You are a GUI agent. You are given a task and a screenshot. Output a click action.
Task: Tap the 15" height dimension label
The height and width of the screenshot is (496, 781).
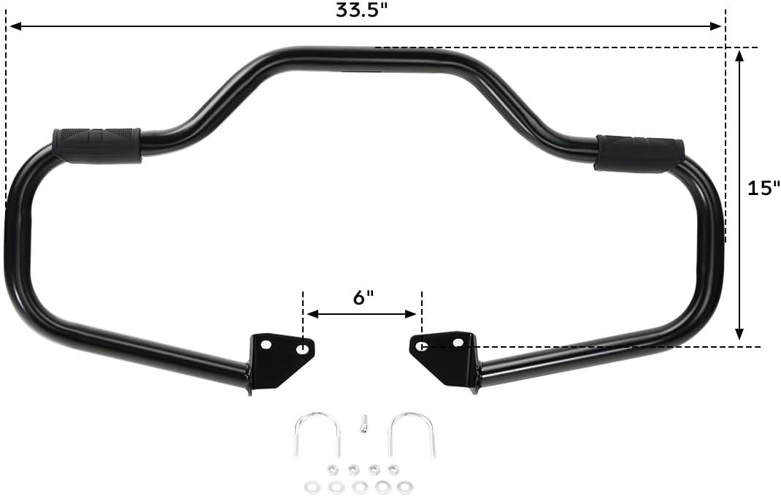pyautogui.click(x=763, y=188)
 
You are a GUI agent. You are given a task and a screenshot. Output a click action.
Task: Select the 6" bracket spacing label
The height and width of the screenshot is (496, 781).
pyautogui.click(x=363, y=297)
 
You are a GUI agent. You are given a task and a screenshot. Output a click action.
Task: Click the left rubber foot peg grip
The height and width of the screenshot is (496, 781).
pyautogui.click(x=96, y=145)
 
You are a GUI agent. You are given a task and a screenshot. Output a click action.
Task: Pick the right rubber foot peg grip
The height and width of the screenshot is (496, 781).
pyautogui.click(x=640, y=153)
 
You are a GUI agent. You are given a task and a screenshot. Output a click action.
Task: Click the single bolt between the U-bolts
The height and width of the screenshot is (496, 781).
pyautogui.click(x=362, y=423)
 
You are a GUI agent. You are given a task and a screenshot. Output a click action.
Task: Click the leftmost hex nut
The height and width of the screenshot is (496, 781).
pyautogui.click(x=331, y=470)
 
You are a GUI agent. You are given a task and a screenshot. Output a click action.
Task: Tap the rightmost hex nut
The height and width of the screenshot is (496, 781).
pyautogui.click(x=393, y=470)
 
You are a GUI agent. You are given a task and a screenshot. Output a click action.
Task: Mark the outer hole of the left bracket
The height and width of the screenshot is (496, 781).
pyautogui.click(x=266, y=344)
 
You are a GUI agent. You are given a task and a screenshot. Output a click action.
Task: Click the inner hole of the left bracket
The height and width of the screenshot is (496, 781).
pyautogui.click(x=301, y=350)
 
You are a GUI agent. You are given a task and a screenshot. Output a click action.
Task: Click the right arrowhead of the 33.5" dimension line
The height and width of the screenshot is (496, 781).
pyautogui.click(x=718, y=26)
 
